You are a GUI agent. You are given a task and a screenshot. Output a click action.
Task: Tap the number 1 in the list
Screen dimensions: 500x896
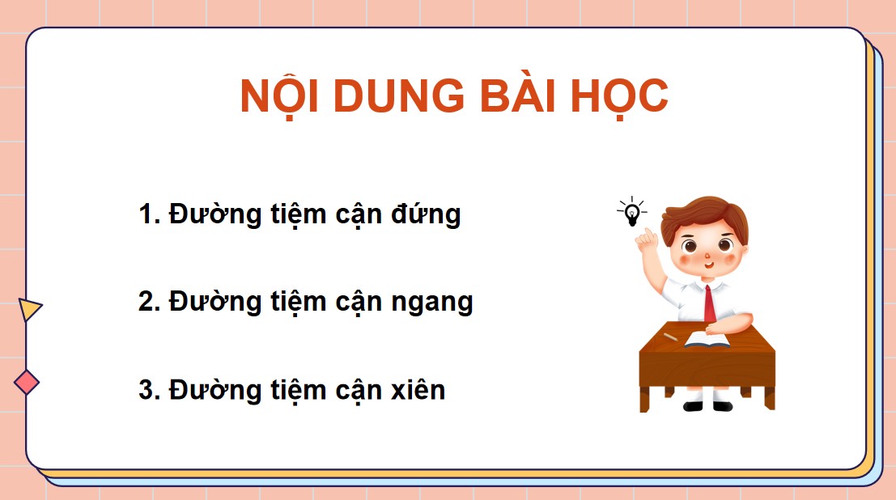pyautogui.click(x=147, y=215)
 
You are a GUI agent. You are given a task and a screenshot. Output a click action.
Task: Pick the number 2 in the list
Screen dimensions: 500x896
pyautogui.click(x=147, y=302)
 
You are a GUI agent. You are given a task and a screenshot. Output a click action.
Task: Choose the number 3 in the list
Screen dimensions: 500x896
pyautogui.click(x=147, y=390)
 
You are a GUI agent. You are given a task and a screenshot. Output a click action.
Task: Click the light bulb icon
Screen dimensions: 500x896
pyautogui.click(x=632, y=213)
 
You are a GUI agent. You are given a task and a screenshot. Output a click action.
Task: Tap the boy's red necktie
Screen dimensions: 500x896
pyautogui.click(x=709, y=303)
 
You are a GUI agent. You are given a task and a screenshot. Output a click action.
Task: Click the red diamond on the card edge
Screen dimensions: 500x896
pyautogui.click(x=27, y=382)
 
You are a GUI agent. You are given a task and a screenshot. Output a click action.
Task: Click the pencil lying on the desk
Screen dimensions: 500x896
pyautogui.click(x=669, y=334)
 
